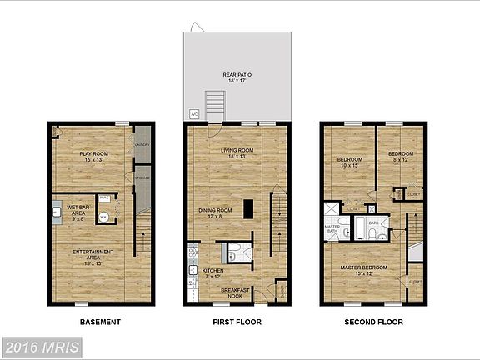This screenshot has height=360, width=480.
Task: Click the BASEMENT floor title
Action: tap(100, 322)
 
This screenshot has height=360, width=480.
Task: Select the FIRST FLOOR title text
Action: tap(236, 322)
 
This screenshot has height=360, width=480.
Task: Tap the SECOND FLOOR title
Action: tap(373, 322)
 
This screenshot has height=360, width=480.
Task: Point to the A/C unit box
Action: tap(194, 113)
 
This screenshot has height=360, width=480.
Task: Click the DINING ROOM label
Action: tap(215, 213)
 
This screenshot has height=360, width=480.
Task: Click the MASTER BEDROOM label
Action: tap(364, 270)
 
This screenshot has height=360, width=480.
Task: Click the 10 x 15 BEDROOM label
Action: tap(350, 162)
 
